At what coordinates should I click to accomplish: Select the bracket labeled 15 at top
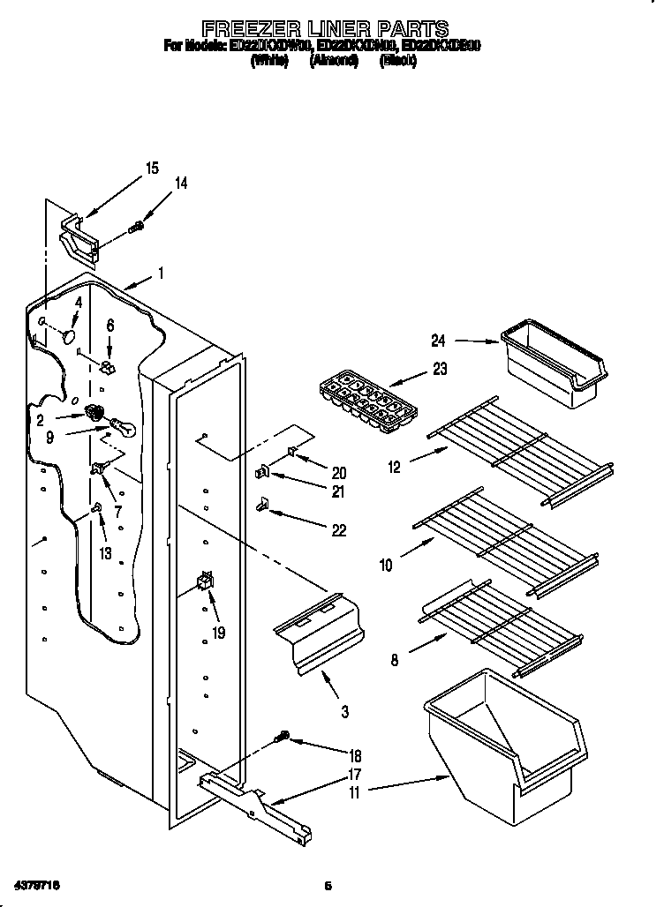coord(79,236)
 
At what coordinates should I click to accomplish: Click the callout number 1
coord(161,274)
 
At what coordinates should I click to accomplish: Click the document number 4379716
coord(37,884)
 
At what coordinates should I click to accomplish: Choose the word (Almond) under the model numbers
coord(333,62)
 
